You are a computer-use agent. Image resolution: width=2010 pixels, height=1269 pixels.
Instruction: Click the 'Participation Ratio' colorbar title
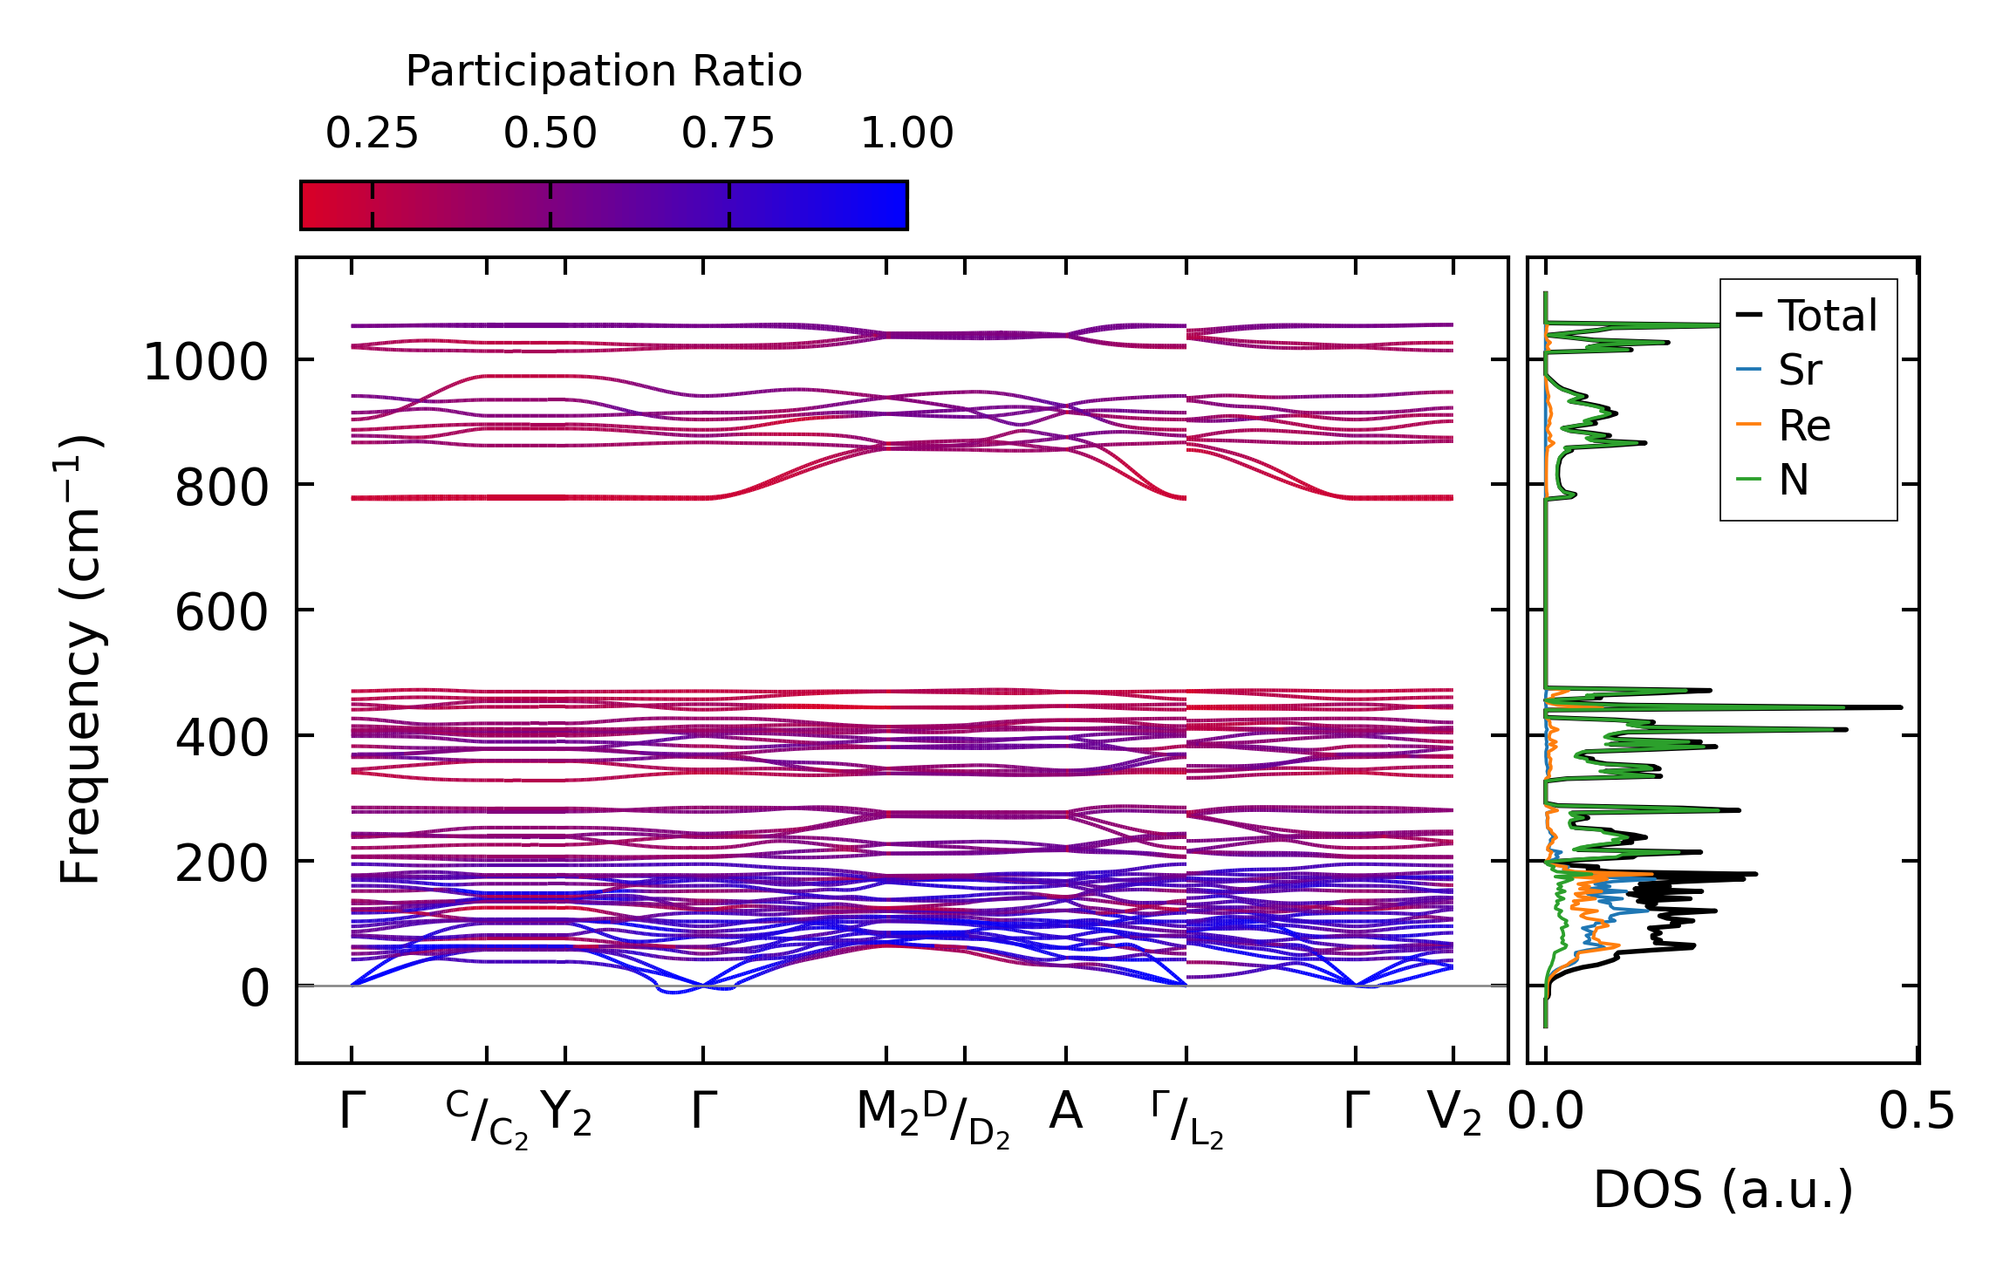[x=604, y=72]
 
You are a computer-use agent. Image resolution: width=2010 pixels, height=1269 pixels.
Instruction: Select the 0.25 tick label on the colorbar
[x=373, y=133]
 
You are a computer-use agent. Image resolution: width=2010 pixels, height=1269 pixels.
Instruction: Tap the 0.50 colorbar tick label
[x=550, y=133]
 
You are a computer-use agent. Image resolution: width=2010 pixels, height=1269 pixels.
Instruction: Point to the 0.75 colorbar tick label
[x=728, y=133]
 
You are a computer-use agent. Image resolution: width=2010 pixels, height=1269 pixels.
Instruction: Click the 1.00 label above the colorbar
[x=906, y=133]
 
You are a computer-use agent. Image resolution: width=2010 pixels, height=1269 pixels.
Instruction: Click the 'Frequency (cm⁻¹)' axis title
[x=81, y=658]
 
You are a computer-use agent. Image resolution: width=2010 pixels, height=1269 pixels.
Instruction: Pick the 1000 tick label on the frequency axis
[x=206, y=362]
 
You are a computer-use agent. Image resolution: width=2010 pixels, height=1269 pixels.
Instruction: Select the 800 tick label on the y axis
[x=222, y=488]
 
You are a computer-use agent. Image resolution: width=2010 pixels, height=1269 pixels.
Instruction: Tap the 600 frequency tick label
[x=222, y=612]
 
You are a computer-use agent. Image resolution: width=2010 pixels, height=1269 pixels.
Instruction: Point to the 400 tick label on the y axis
[x=222, y=738]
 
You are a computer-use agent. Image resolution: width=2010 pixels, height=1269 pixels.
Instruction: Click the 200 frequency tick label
[x=222, y=863]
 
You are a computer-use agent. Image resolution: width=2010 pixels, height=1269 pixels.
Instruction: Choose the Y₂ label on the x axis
[x=566, y=1114]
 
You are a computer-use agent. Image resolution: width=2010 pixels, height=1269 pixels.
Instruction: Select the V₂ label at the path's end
[x=1453, y=1114]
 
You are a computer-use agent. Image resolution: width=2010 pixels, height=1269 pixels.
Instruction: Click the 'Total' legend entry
[x=1827, y=316]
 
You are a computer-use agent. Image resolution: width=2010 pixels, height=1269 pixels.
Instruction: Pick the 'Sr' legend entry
[x=1800, y=371]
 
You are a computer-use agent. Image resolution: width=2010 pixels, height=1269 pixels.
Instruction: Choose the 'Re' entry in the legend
[x=1804, y=426]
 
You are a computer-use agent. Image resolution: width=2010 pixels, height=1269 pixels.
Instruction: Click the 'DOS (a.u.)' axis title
[x=1723, y=1190]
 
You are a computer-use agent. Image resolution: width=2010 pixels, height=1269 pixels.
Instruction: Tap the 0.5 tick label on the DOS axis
[x=1917, y=1113]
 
